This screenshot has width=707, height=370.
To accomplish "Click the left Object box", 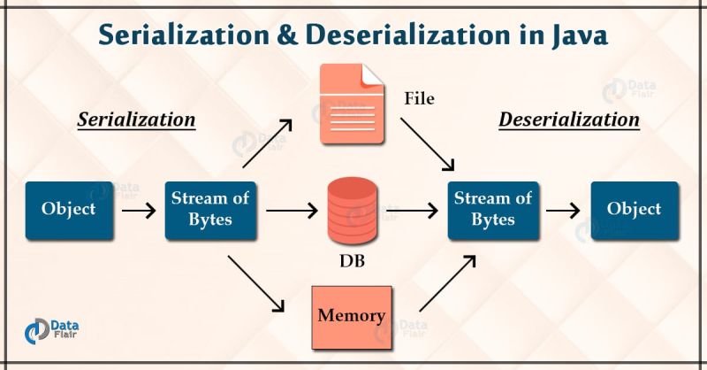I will click(x=69, y=210).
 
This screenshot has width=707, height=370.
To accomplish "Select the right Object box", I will click(x=634, y=210).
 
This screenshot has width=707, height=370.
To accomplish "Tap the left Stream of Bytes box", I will click(x=210, y=210).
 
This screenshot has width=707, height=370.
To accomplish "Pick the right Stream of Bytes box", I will click(x=492, y=210).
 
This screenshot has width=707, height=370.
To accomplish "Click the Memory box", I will click(x=351, y=316).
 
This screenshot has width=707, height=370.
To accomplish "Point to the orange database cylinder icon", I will click(x=351, y=212).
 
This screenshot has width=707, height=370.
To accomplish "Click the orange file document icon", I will click(x=351, y=98).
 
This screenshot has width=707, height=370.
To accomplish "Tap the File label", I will click(x=418, y=98).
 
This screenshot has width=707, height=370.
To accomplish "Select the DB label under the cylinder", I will click(x=352, y=262).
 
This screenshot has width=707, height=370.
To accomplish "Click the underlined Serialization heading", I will click(x=136, y=119).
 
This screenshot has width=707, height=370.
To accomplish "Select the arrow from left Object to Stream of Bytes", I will click(x=139, y=211).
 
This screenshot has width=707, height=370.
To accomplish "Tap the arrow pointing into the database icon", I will click(x=290, y=211).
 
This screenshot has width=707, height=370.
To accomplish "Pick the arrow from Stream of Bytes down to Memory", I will click(x=256, y=283).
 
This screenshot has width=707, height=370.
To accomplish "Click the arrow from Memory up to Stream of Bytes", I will click(x=446, y=283).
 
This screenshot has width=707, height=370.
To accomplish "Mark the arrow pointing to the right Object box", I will click(x=562, y=211).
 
